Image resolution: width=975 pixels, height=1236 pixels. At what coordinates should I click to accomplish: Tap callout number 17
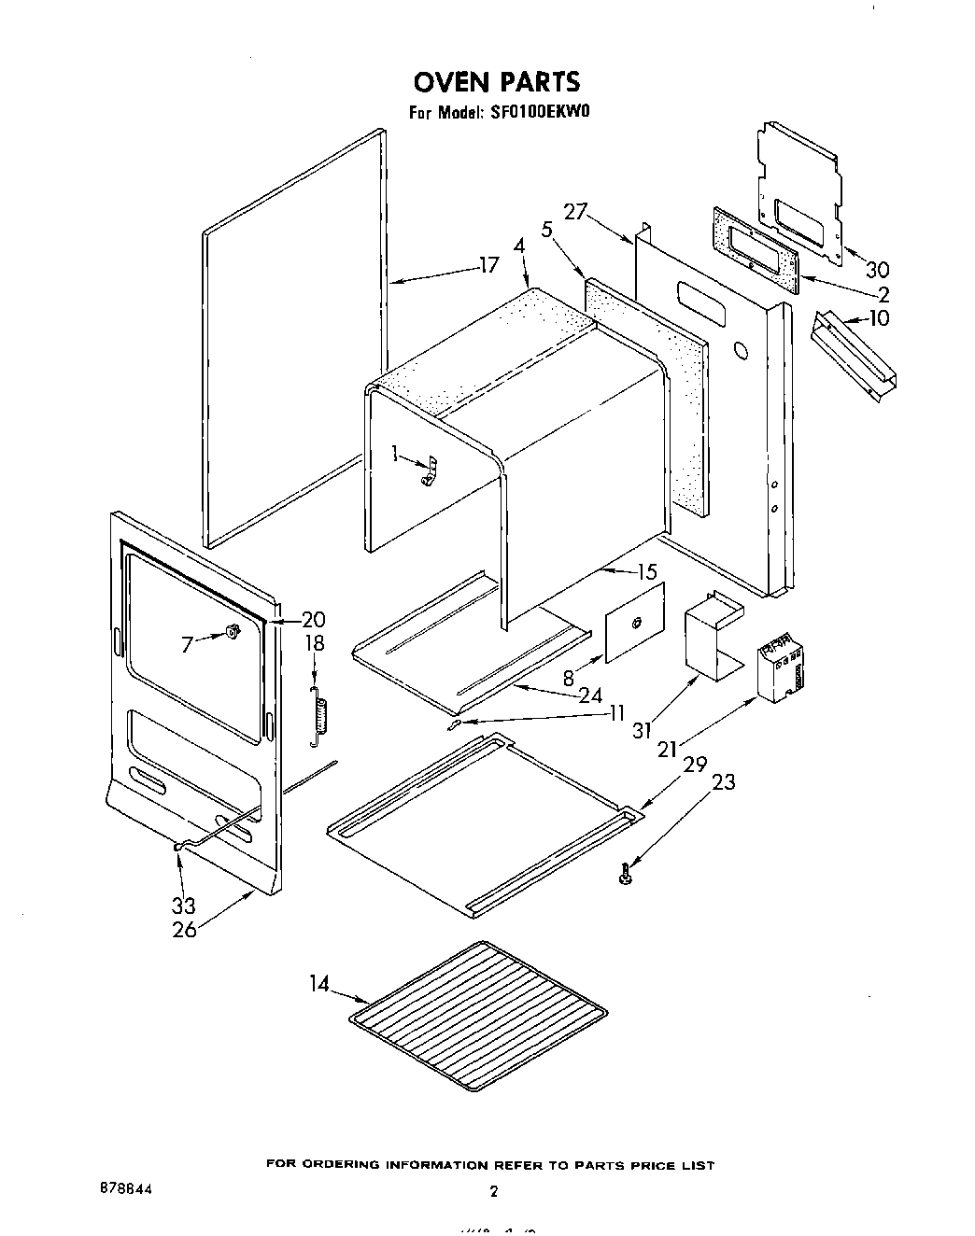[488, 265]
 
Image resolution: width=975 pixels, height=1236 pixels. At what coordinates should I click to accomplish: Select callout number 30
[877, 271]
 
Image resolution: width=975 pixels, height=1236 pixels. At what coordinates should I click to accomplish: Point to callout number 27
[574, 212]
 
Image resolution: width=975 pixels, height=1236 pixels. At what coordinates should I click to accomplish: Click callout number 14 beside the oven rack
[319, 984]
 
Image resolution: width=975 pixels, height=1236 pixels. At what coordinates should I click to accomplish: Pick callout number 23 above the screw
[723, 782]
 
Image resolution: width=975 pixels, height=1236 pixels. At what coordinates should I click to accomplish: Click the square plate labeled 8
[634, 623]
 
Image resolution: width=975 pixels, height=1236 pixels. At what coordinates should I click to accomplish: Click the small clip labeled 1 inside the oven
[428, 472]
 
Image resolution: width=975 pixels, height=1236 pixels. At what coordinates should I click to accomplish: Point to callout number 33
[183, 905]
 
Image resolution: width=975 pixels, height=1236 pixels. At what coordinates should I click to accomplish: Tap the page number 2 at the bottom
[493, 1190]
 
